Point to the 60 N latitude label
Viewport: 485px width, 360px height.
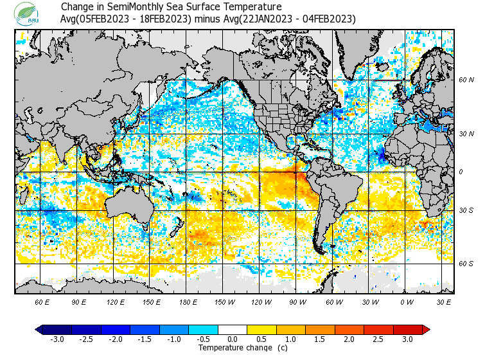tap(466, 80)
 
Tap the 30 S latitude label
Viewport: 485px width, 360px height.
tap(466, 210)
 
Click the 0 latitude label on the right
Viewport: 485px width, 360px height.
tap(461, 172)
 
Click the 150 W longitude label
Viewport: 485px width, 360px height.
tap(225, 301)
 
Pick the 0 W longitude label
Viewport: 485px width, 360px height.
tap(406, 301)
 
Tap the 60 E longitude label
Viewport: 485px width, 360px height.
tap(42, 301)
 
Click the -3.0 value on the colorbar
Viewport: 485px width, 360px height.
tap(56, 339)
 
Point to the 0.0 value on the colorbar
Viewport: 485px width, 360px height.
tap(233, 339)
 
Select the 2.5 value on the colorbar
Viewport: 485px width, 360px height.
tap(378, 339)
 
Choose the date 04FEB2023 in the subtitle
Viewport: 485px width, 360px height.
tap(329, 19)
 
